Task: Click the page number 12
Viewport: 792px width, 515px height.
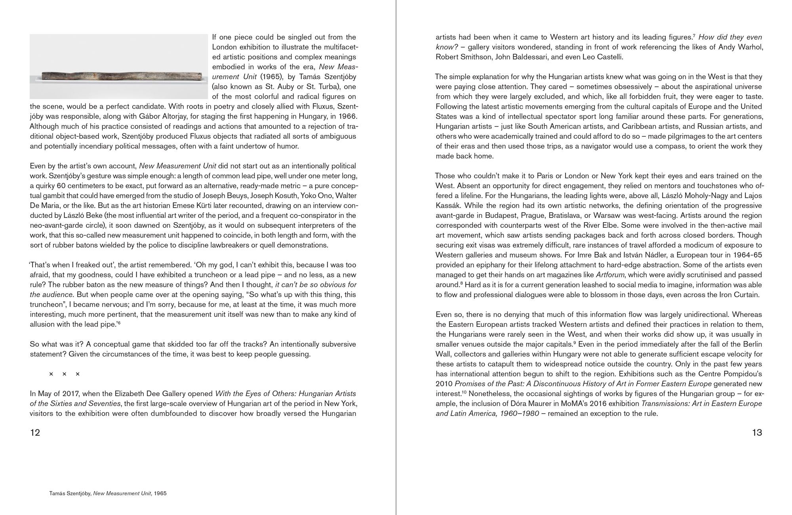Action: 35,432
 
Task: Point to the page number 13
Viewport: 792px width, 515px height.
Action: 757,432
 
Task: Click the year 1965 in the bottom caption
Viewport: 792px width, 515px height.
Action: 160,494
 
